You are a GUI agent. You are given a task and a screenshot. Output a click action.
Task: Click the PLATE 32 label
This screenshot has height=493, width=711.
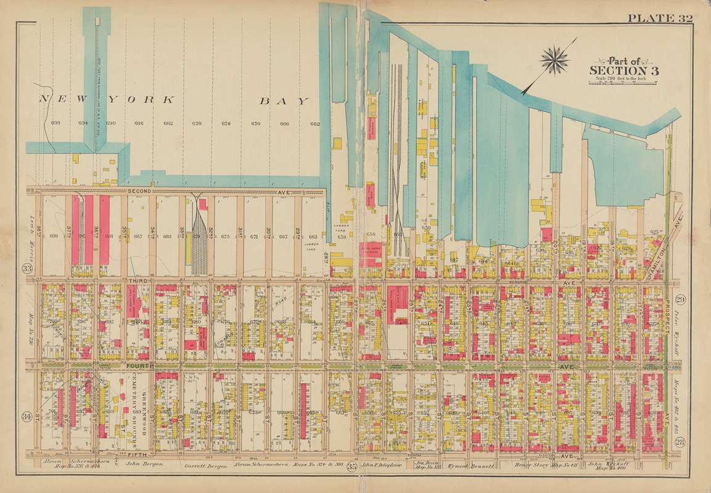(660, 18)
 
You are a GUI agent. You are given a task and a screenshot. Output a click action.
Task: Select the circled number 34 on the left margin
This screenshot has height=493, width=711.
(27, 417)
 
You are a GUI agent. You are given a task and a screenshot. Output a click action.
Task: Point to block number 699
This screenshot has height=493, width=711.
(53, 236)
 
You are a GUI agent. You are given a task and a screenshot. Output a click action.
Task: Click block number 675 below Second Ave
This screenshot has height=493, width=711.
(225, 236)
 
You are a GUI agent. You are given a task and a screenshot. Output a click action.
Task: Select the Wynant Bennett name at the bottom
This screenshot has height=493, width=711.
(471, 467)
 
